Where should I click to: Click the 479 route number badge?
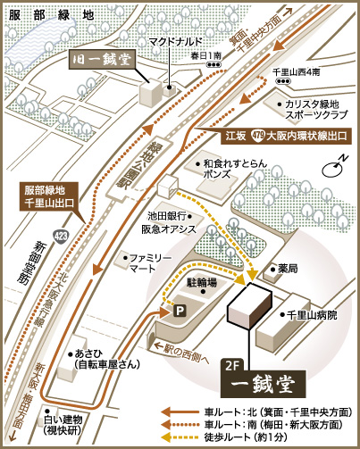258,137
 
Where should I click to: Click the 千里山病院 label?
311,315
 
